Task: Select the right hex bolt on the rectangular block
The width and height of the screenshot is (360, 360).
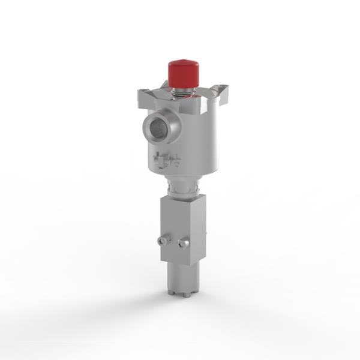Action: point(184,243)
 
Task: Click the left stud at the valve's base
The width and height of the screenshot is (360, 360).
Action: point(172,292)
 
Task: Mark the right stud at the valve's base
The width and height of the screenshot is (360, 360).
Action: point(188,293)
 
